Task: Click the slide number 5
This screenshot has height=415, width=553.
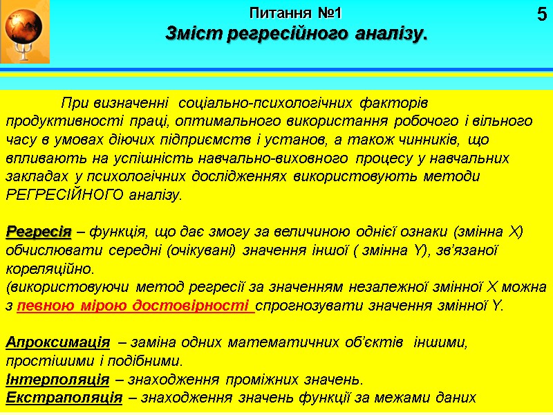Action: tap(541, 15)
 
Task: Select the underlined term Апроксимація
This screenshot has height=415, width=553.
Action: tap(57, 342)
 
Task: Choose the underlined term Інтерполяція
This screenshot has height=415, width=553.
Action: tap(57, 379)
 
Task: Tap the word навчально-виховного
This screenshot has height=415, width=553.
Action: tap(306, 158)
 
